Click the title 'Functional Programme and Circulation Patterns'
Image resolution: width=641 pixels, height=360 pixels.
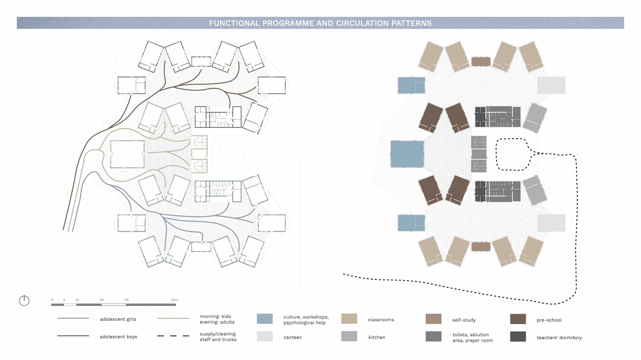tap(320, 23)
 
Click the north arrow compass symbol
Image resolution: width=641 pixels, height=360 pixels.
tap(24, 301)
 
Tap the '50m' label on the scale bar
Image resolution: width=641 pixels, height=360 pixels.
tap(174, 300)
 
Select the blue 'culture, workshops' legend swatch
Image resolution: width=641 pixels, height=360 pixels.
tap(264, 319)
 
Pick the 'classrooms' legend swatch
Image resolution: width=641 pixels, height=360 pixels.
tap(349, 319)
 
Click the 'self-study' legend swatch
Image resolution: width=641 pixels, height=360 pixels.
tap(433, 319)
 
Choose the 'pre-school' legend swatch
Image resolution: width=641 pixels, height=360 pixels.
tap(518, 319)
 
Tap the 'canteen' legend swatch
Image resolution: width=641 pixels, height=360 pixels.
tap(264, 336)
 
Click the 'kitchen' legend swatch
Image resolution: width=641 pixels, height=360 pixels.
tap(349, 336)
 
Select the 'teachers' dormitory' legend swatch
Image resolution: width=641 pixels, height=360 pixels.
tap(518, 336)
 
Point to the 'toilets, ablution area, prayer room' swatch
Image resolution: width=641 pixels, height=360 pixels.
tap(433, 336)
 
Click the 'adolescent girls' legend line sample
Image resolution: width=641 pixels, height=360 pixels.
tap(73, 318)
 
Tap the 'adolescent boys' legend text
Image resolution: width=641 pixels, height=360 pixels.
tap(118, 337)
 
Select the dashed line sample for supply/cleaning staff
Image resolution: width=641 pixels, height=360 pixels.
tap(173, 336)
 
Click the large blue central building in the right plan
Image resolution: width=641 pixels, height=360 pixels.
tap(407, 154)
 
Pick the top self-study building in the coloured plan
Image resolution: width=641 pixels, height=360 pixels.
tap(481, 61)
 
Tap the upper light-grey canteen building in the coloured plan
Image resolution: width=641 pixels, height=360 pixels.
tap(551, 85)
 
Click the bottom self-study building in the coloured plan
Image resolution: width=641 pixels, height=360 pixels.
tap(481, 247)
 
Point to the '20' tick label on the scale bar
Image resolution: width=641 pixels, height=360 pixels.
tap(101, 300)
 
